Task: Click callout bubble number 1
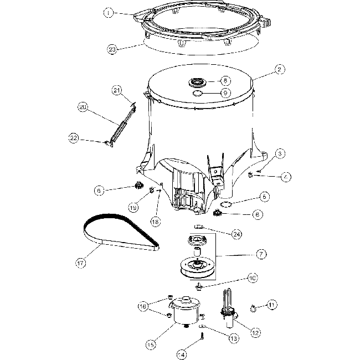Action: point(109,12)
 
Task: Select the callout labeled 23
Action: point(113,49)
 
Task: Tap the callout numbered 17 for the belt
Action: point(81,263)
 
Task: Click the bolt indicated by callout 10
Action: point(198,287)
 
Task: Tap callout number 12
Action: point(256,333)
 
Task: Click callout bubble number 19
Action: point(133,208)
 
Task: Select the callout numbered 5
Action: point(265,196)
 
